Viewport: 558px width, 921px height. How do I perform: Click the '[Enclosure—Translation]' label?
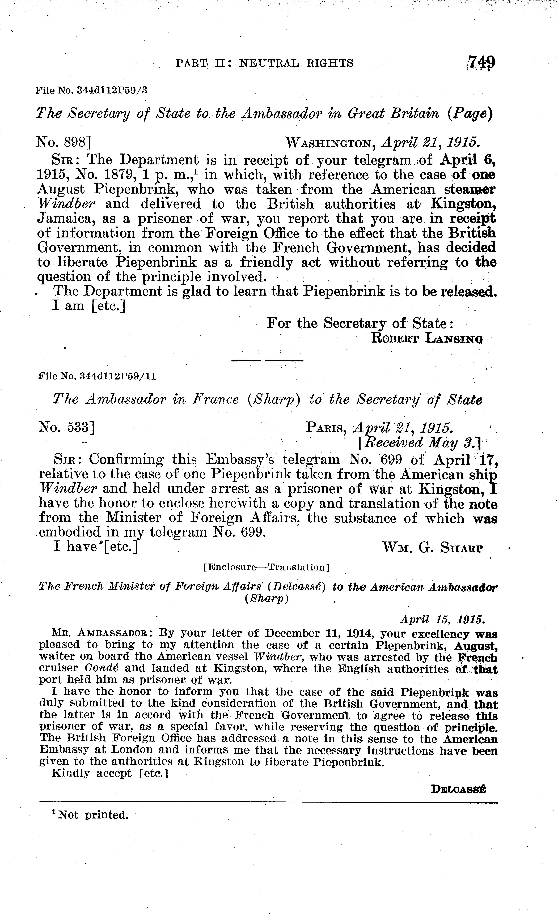coord(266,567)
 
